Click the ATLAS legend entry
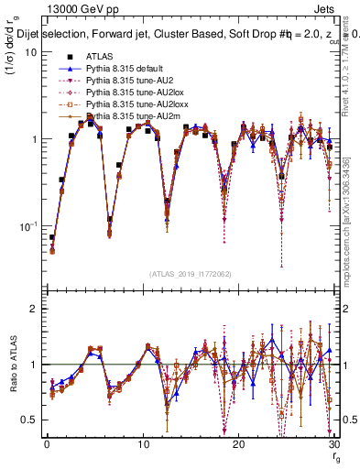99,57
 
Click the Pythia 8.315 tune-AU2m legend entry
128,116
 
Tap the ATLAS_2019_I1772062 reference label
189,274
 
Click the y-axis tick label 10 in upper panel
30,52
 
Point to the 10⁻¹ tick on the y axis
27,225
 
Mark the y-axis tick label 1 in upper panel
33,139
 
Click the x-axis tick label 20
239,444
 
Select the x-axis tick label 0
46,444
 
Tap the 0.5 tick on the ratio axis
27,420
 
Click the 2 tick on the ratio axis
33,309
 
